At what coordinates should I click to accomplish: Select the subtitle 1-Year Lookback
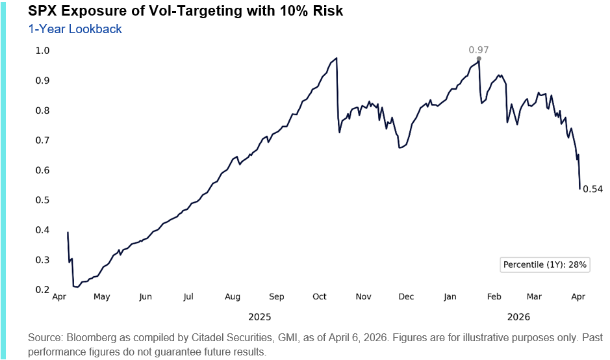pyautogui.click(x=75, y=29)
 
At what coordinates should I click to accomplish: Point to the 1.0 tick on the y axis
pyautogui.click(x=42, y=51)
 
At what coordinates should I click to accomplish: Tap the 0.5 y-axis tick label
pyautogui.click(x=42, y=200)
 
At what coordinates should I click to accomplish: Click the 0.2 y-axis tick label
pyautogui.click(x=42, y=290)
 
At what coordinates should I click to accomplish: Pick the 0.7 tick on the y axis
pyautogui.click(x=42, y=140)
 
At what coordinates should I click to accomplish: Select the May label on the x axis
pyautogui.click(x=101, y=297)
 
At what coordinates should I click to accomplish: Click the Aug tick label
pyautogui.click(x=232, y=297)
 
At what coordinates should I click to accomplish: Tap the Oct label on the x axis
pyautogui.click(x=319, y=297)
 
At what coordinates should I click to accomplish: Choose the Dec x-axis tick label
pyautogui.click(x=406, y=297)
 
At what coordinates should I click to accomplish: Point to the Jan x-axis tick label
pyautogui.click(x=450, y=297)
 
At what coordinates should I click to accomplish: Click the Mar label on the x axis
pyautogui.click(x=534, y=297)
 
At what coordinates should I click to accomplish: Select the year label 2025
pyautogui.click(x=260, y=317)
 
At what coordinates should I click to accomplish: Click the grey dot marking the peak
pyautogui.click(x=479, y=59)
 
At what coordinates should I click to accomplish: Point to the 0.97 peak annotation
pyautogui.click(x=479, y=50)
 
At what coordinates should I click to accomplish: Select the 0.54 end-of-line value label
pyautogui.click(x=592, y=189)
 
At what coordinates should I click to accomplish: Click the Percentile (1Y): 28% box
pyautogui.click(x=545, y=264)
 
